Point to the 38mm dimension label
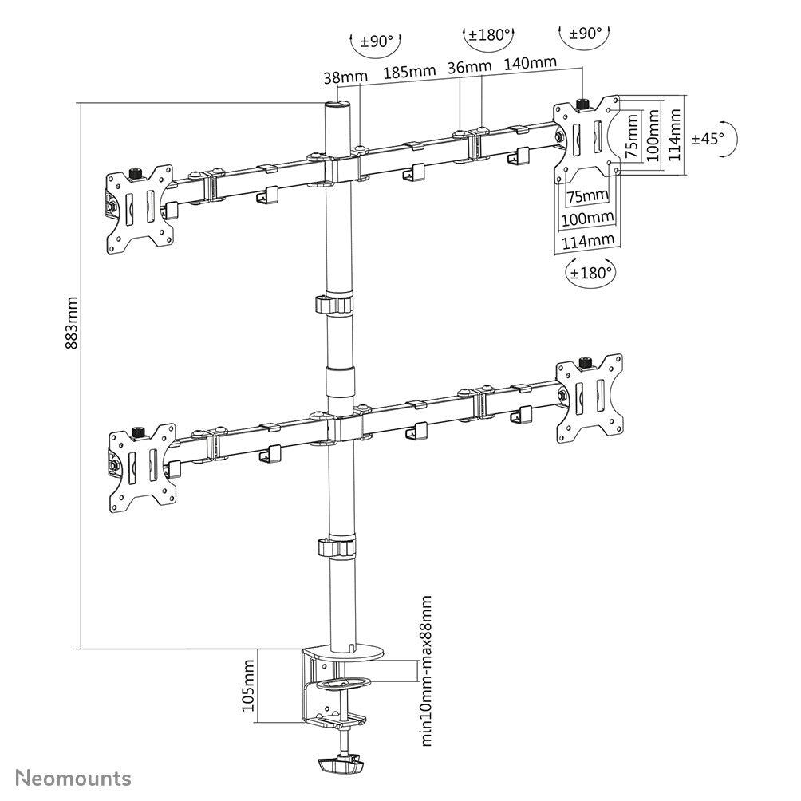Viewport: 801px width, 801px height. click(x=345, y=77)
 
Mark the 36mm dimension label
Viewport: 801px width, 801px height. click(x=469, y=66)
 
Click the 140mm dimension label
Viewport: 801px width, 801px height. click(x=531, y=62)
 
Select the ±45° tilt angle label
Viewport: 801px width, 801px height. click(x=708, y=138)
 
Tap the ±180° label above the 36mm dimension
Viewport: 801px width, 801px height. click(x=489, y=35)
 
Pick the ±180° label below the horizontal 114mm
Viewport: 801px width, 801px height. click(x=591, y=271)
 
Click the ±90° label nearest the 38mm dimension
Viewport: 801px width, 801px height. click(x=377, y=41)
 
